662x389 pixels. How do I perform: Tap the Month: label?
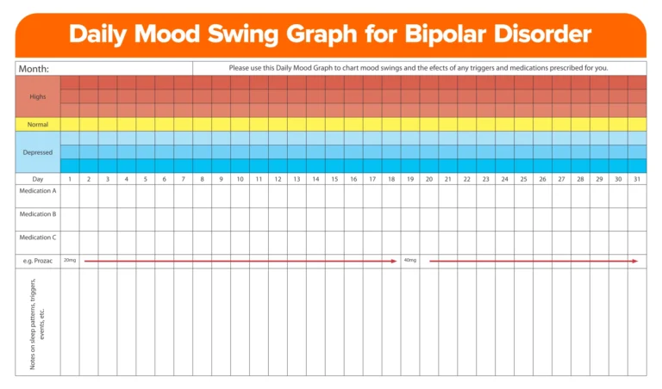pyautogui.click(x=34, y=69)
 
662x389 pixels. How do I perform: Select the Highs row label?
pyautogui.click(x=38, y=96)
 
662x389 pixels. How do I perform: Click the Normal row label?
pyautogui.click(x=38, y=124)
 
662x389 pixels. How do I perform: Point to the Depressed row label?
pyautogui.click(x=38, y=152)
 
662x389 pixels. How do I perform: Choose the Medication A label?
pyautogui.click(x=38, y=191)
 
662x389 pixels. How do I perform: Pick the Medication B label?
pyautogui.click(x=38, y=214)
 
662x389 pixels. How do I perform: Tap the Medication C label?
pyautogui.click(x=38, y=238)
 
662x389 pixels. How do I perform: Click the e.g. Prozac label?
pyautogui.click(x=38, y=260)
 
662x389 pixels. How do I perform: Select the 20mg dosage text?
pyautogui.click(x=69, y=260)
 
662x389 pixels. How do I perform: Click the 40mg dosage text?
pyautogui.click(x=409, y=260)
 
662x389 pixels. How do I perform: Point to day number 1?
pyautogui.click(x=69, y=179)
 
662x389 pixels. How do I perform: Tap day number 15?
pyautogui.click(x=334, y=179)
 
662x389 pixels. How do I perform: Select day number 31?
pyautogui.click(x=636, y=179)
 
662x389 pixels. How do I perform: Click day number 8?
pyautogui.click(x=202, y=179)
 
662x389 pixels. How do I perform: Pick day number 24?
pyautogui.click(x=504, y=179)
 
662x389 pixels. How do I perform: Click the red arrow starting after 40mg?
pyautogui.click(x=534, y=260)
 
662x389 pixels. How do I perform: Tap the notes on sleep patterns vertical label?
pyautogui.click(x=38, y=324)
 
